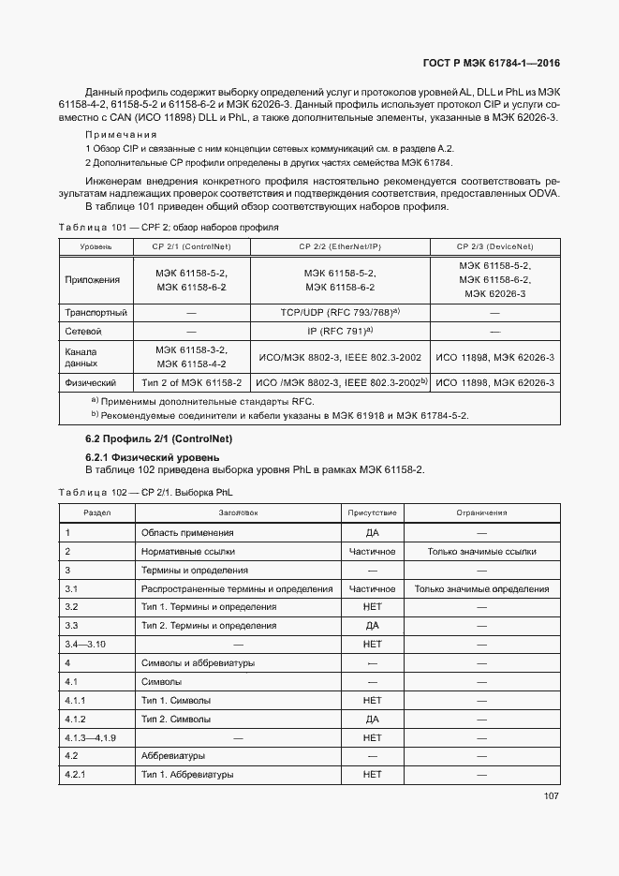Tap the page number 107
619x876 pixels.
click(551, 796)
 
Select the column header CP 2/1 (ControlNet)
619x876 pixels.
click(190, 246)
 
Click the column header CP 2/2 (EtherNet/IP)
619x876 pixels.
click(340, 246)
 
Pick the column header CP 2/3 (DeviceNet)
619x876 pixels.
click(494, 246)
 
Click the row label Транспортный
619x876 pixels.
click(96, 312)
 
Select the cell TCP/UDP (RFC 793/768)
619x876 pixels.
click(340, 311)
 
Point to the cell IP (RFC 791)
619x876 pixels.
click(340, 331)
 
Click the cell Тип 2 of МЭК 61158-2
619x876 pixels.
click(191, 383)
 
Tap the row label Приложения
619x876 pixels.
click(93, 279)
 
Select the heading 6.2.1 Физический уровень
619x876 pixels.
click(140, 456)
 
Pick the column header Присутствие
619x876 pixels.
click(372, 512)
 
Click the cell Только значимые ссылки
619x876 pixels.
click(481, 552)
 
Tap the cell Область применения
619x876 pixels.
click(187, 533)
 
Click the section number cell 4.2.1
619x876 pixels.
click(76, 775)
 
